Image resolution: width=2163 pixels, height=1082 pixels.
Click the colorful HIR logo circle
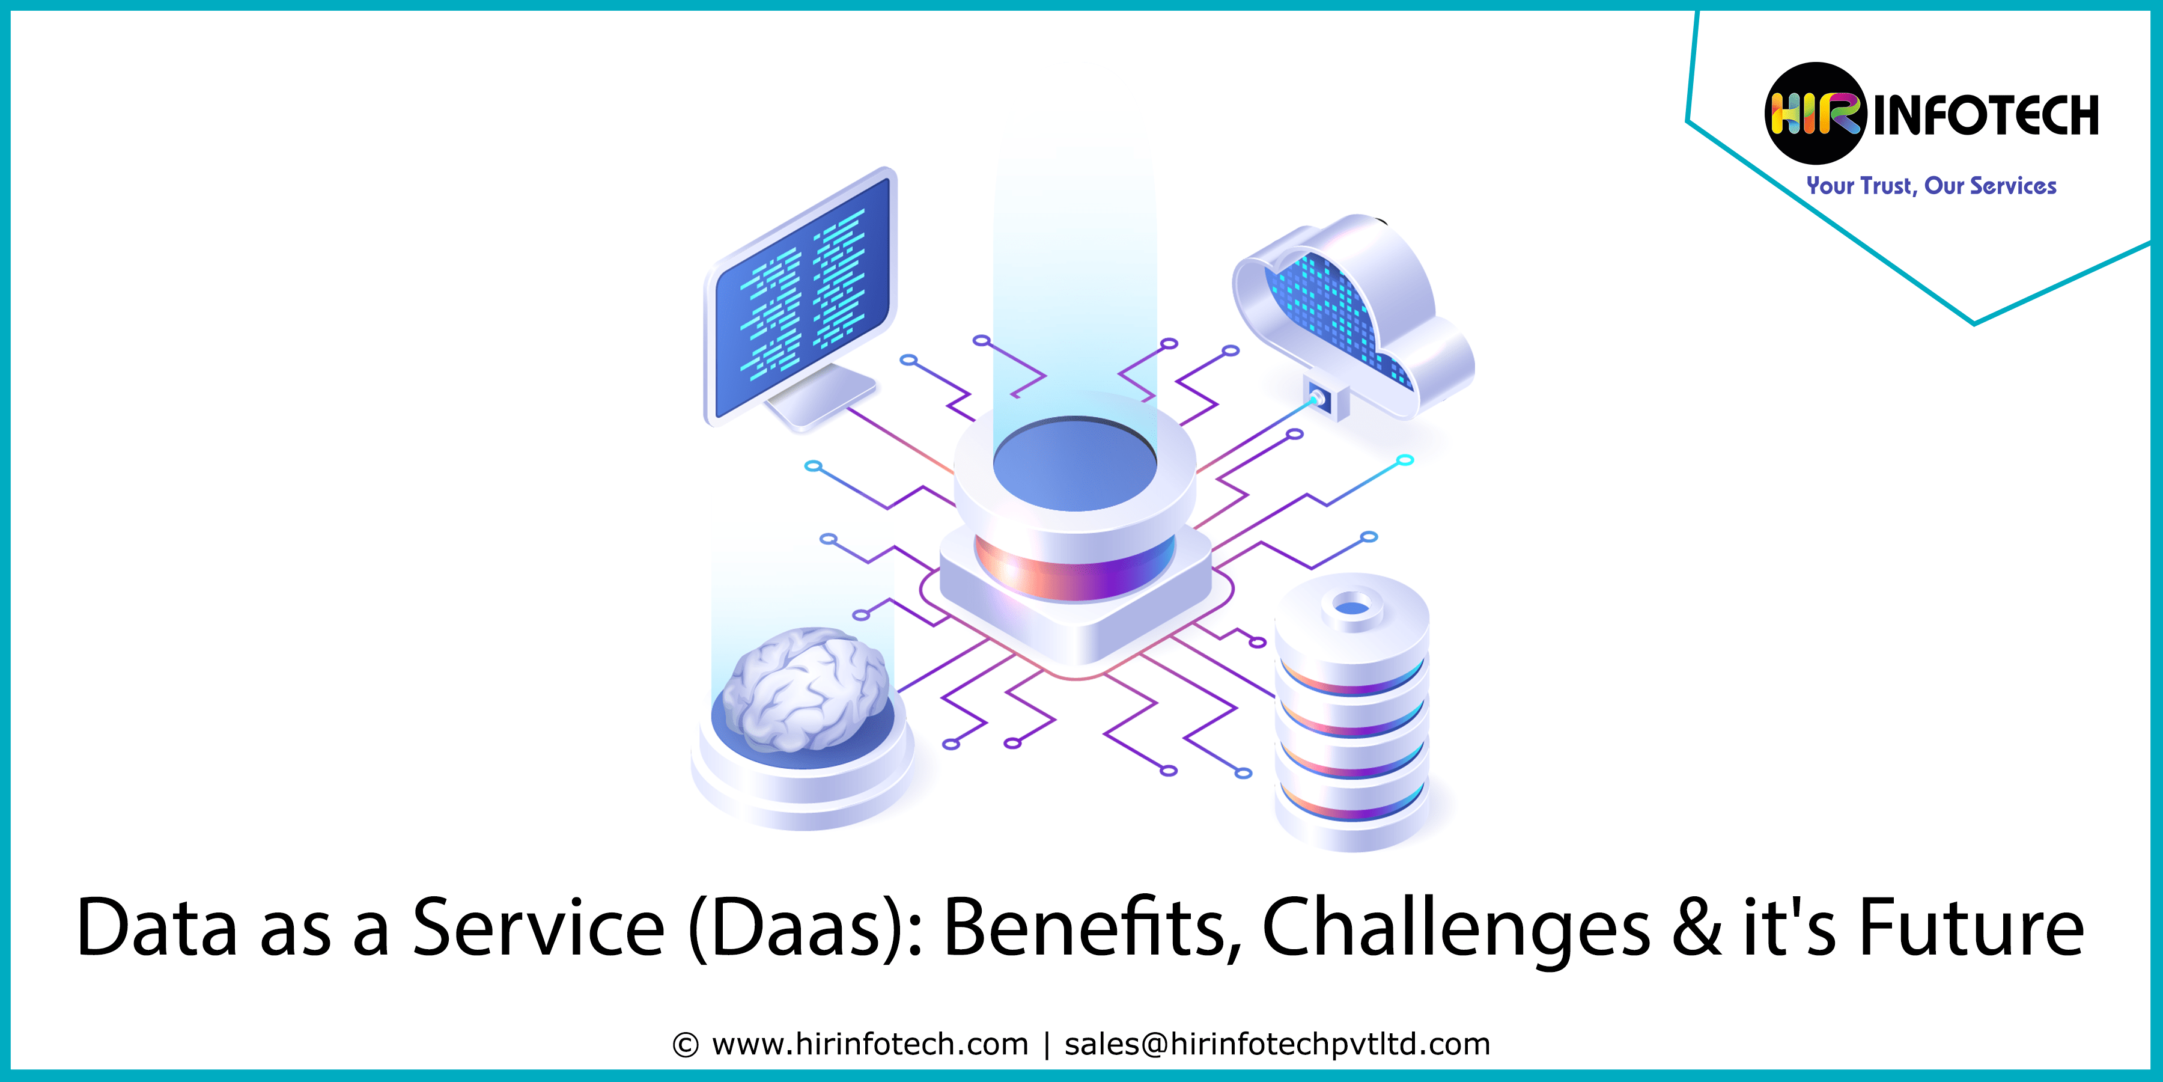(1815, 114)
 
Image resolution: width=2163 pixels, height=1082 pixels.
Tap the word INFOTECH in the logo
(1986, 115)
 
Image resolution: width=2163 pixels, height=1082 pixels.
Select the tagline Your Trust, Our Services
(1931, 186)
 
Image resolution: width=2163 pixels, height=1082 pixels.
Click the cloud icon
(1352, 315)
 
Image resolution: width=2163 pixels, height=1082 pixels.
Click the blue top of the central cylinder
(1075, 463)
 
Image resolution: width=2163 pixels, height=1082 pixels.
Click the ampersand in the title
(1697, 928)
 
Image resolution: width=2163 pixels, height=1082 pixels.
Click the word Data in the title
(157, 928)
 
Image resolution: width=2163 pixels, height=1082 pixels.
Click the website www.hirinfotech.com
(870, 1044)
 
